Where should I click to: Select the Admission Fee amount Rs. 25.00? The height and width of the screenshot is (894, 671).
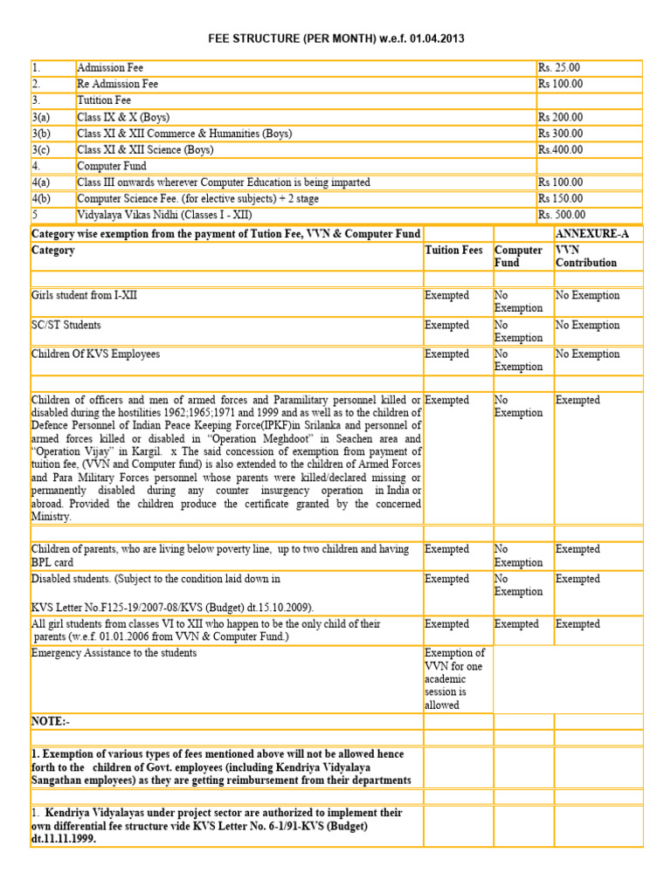coord(559,68)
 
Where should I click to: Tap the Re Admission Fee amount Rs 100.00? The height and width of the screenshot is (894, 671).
coord(560,85)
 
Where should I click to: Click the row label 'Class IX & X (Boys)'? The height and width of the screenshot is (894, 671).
coord(123,117)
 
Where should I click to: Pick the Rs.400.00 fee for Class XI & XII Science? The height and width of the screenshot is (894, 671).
coord(560,149)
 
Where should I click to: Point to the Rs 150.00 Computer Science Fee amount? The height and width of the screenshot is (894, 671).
coord(560,199)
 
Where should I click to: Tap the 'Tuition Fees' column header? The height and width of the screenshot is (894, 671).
coord(453,251)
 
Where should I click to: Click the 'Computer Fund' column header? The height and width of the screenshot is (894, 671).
coord(518,256)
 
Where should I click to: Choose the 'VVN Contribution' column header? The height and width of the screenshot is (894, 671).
coord(586,256)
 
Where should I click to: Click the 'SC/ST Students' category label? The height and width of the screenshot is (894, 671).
coord(66,326)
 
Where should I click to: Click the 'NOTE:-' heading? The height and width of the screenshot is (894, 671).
coord(50,721)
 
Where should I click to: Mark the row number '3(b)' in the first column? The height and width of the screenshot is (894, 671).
coord(43,134)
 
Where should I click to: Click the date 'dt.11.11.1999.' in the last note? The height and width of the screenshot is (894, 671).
coord(64,838)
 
